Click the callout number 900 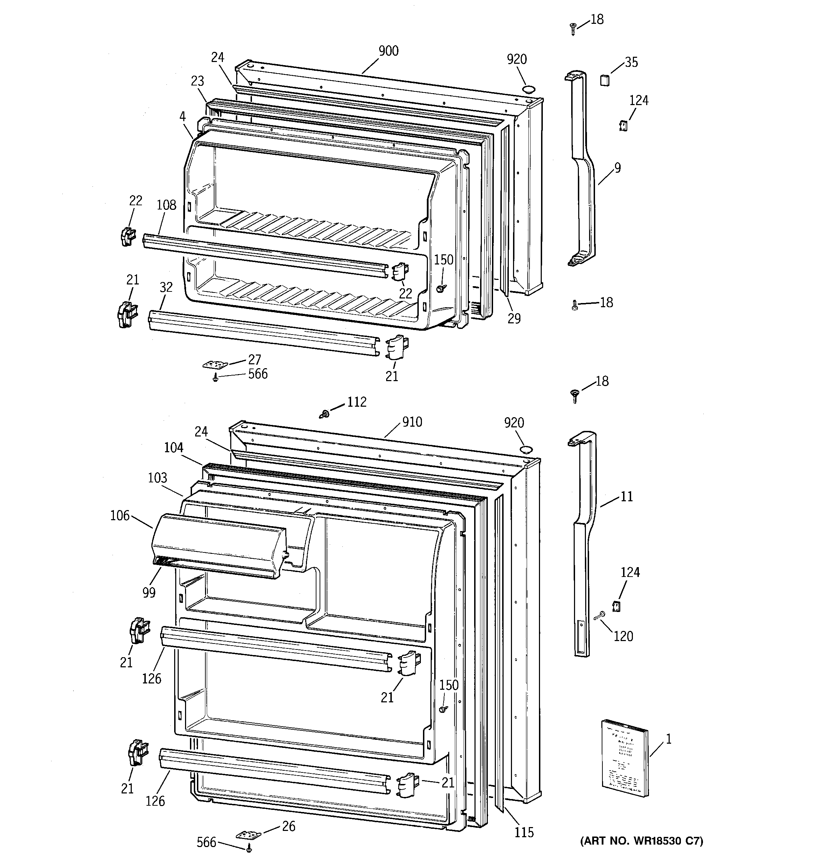[x=388, y=51]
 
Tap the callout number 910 [x=412, y=422]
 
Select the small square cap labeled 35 [x=604, y=80]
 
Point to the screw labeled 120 [x=599, y=616]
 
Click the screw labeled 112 [x=324, y=413]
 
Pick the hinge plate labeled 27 [x=216, y=364]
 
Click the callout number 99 [x=149, y=593]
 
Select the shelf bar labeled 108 [x=262, y=255]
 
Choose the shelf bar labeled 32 [x=262, y=332]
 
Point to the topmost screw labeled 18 [x=573, y=28]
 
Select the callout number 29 [x=514, y=319]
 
